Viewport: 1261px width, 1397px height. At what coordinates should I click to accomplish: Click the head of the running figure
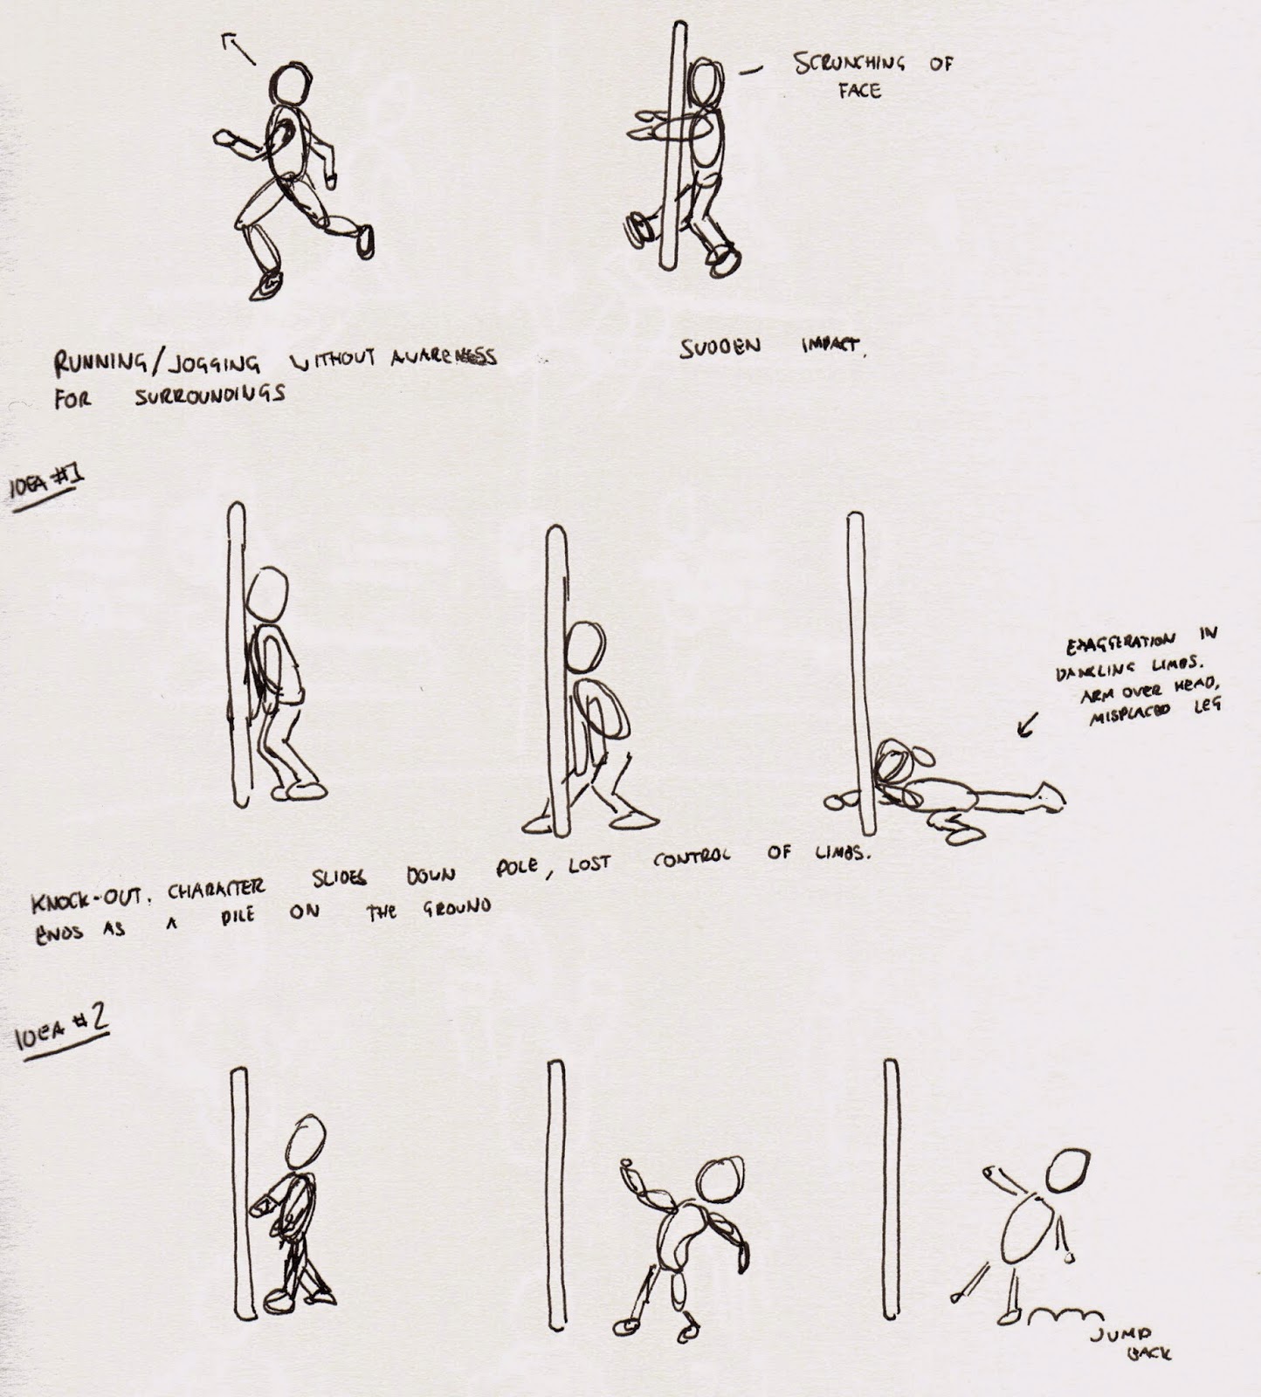pos(289,86)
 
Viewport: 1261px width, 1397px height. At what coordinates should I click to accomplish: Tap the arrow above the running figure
pos(239,47)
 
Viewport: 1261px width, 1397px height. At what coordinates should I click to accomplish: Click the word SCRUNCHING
pos(849,64)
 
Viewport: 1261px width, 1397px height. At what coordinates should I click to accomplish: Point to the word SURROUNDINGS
pos(210,395)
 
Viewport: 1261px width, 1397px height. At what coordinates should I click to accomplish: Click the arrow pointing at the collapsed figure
pos(1028,724)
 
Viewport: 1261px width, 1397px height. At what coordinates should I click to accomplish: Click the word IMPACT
pos(834,347)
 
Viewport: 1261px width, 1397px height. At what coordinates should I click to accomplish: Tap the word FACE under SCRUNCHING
pos(859,91)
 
